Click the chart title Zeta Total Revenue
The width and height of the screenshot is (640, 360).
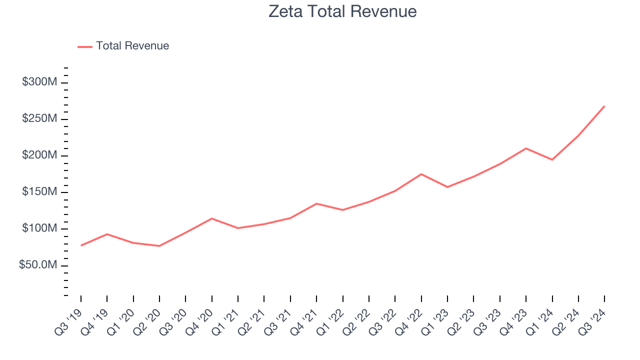click(342, 11)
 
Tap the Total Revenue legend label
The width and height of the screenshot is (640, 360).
click(132, 46)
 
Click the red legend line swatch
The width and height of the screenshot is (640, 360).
click(85, 46)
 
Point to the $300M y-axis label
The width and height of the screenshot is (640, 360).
click(39, 82)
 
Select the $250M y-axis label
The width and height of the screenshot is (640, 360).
click(39, 119)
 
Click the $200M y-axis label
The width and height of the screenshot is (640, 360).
click(39, 155)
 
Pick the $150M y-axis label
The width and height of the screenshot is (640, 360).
click(39, 192)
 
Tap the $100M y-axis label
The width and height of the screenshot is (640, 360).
click(39, 228)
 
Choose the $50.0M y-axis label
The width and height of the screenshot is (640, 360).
click(38, 265)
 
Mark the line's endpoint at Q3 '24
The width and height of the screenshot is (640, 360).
click(604, 106)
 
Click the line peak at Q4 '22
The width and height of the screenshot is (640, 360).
click(421, 174)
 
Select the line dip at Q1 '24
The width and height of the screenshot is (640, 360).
click(552, 159)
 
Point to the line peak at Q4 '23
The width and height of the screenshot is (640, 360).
click(526, 148)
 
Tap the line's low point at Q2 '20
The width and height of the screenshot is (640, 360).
click(159, 246)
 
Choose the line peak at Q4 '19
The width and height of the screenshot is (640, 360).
click(107, 234)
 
